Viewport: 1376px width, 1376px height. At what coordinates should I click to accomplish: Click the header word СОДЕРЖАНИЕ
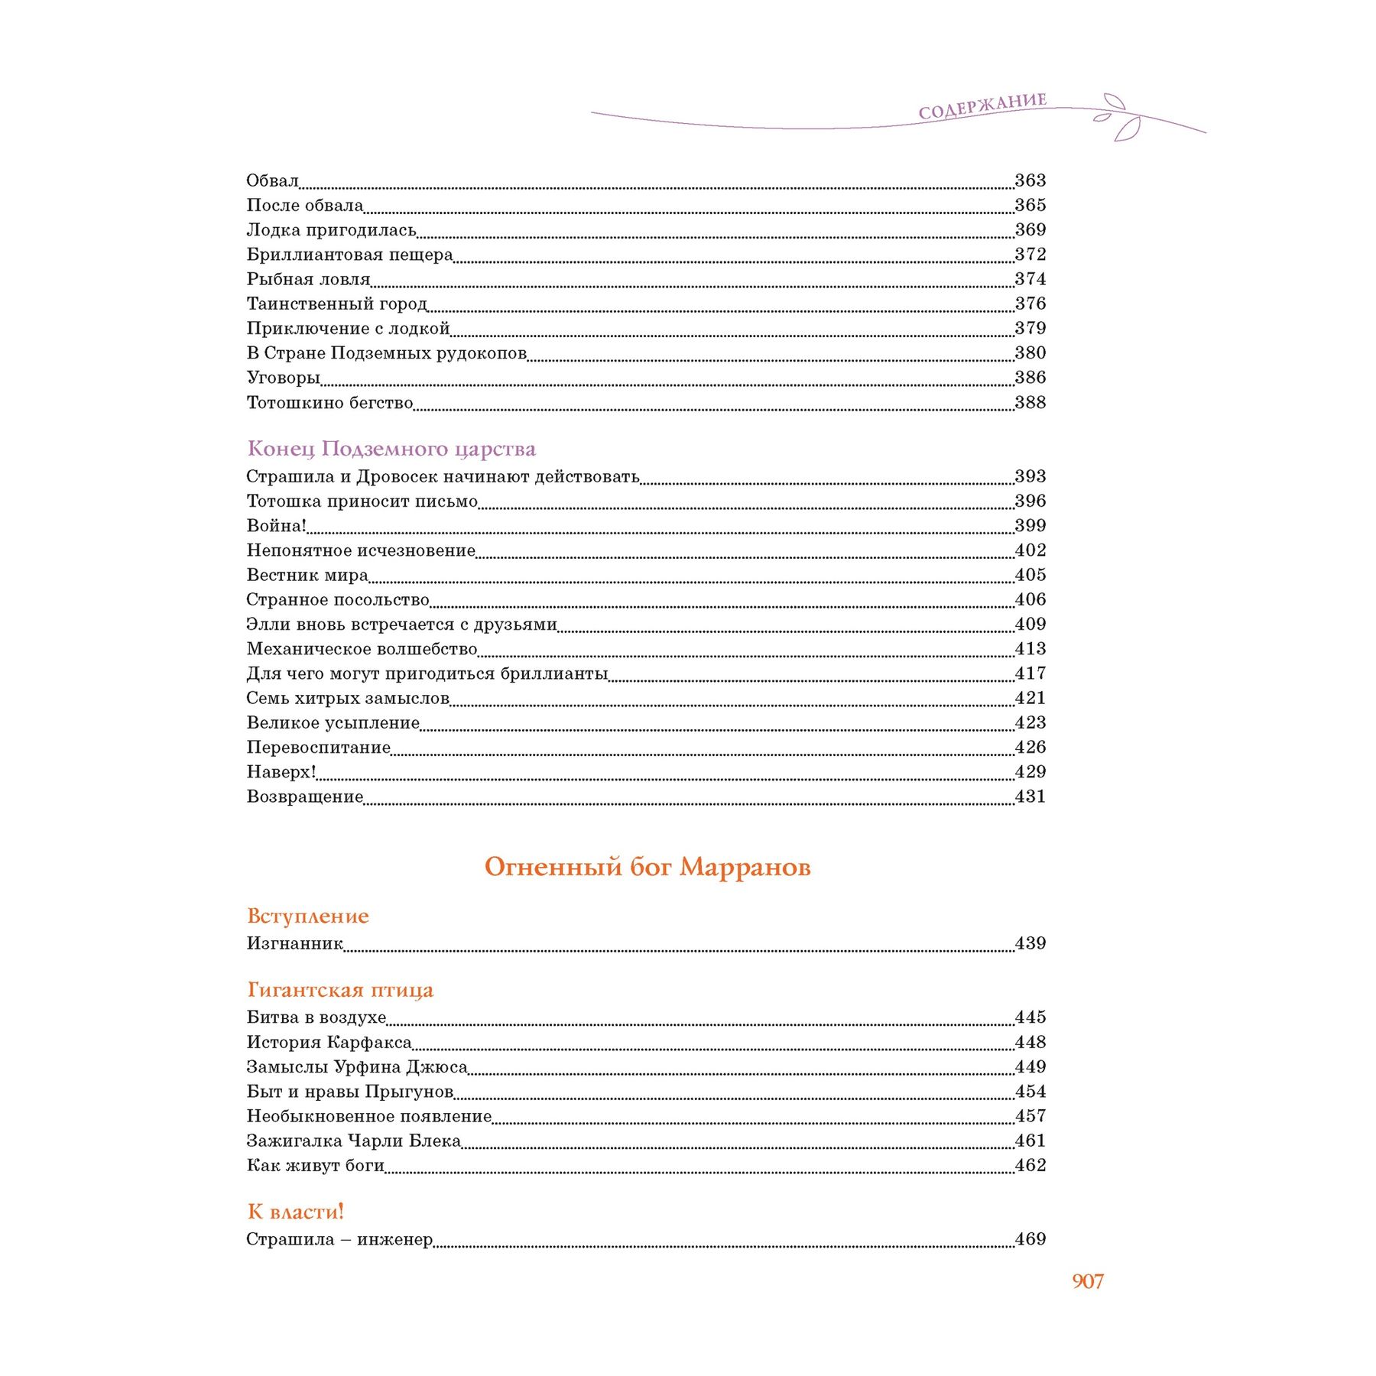(x=982, y=107)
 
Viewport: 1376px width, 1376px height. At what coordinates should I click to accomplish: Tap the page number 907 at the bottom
(x=1087, y=1281)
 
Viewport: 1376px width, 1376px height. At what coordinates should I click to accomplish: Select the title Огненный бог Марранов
(x=647, y=867)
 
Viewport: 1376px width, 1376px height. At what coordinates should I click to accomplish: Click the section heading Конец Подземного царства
(x=391, y=449)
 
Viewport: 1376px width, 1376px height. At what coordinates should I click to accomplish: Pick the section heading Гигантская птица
(x=340, y=990)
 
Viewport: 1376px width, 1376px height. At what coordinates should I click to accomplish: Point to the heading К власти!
(x=296, y=1212)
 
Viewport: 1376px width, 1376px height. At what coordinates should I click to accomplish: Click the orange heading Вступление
(x=308, y=916)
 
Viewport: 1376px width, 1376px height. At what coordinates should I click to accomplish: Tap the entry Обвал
(x=272, y=181)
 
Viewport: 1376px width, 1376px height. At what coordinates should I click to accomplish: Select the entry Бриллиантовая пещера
(x=349, y=255)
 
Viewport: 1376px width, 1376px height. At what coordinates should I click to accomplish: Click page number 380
(x=1030, y=353)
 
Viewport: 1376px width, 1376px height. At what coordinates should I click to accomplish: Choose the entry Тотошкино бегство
(x=329, y=403)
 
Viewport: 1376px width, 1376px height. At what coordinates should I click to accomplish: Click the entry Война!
(x=276, y=526)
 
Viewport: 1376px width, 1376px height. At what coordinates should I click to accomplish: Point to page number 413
(x=1030, y=649)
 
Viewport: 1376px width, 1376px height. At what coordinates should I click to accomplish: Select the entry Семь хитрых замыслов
(x=348, y=699)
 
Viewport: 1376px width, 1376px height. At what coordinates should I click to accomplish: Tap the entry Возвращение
(x=304, y=797)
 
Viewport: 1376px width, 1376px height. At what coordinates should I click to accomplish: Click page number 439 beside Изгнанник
(x=1030, y=943)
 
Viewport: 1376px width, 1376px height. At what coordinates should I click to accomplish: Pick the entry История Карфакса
(x=329, y=1043)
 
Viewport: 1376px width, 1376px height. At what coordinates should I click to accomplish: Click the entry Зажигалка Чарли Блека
(x=354, y=1141)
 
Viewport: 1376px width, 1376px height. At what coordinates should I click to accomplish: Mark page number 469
(x=1030, y=1239)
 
